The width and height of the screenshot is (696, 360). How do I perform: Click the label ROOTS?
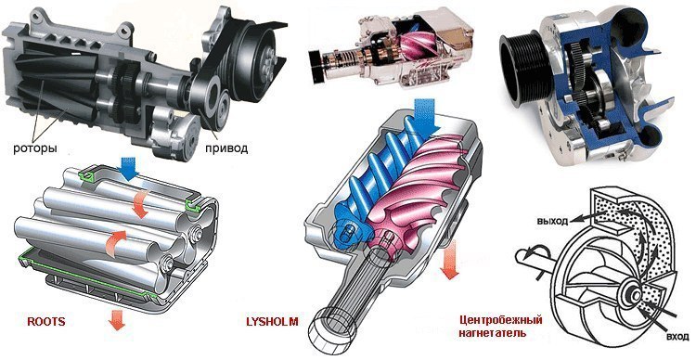(x=46, y=321)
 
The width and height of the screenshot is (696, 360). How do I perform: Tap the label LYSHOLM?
(x=272, y=321)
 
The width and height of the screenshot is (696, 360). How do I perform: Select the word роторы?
(x=35, y=148)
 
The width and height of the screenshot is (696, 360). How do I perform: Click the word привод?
(x=226, y=148)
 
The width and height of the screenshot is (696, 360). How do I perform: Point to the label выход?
(x=553, y=222)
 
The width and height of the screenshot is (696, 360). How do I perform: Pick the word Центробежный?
(x=501, y=319)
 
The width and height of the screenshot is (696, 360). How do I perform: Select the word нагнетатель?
(x=493, y=332)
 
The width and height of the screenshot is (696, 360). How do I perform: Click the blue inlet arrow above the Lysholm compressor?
(x=426, y=114)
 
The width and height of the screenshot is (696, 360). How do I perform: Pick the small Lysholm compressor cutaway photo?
(x=391, y=50)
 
